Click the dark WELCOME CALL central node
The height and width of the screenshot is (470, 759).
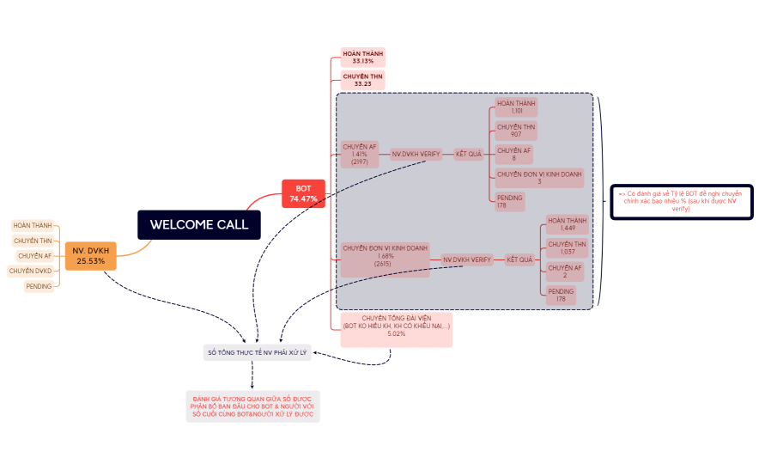198,225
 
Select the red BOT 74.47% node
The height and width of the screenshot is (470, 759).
303,193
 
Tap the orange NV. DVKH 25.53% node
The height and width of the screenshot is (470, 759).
90,256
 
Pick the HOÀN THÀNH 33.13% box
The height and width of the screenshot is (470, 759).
363,57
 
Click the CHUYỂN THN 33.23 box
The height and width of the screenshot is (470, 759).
363,80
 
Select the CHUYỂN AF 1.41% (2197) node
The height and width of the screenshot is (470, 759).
359,154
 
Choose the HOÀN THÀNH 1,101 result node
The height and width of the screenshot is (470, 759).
516,107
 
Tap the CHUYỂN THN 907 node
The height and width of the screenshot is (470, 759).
516,131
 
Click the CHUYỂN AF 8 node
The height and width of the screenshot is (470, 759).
514,154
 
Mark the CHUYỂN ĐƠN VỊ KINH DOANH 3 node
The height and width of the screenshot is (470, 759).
539,177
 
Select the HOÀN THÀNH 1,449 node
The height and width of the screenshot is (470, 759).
567,225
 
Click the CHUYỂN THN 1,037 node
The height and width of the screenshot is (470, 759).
567,248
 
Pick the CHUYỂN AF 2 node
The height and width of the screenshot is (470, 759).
565,272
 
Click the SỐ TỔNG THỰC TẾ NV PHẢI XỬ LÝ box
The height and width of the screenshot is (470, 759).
257,352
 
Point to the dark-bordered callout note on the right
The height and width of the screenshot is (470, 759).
681,201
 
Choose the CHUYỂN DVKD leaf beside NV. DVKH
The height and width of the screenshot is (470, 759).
30,271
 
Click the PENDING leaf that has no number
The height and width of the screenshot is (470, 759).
39,286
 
